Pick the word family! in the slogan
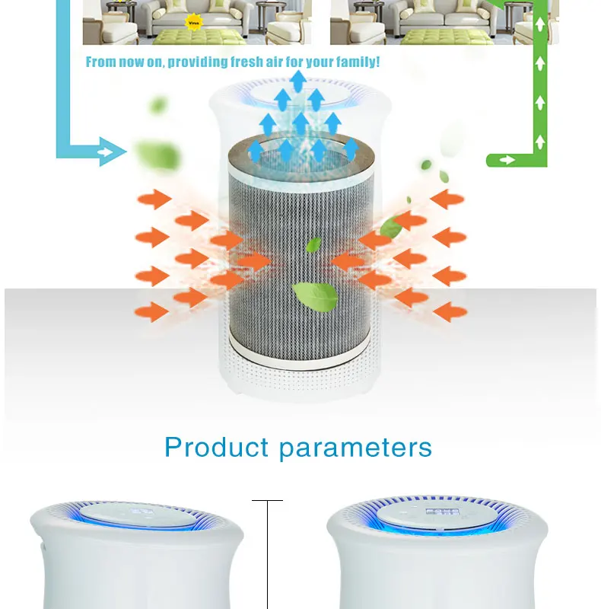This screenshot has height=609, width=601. tap(357, 62)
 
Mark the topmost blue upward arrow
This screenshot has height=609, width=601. tap(298, 80)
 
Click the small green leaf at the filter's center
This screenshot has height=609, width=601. tap(313, 244)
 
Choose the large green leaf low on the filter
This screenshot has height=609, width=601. tap(315, 296)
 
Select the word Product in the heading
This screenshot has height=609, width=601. tap(216, 447)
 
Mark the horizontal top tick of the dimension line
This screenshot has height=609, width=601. tap(267, 500)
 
